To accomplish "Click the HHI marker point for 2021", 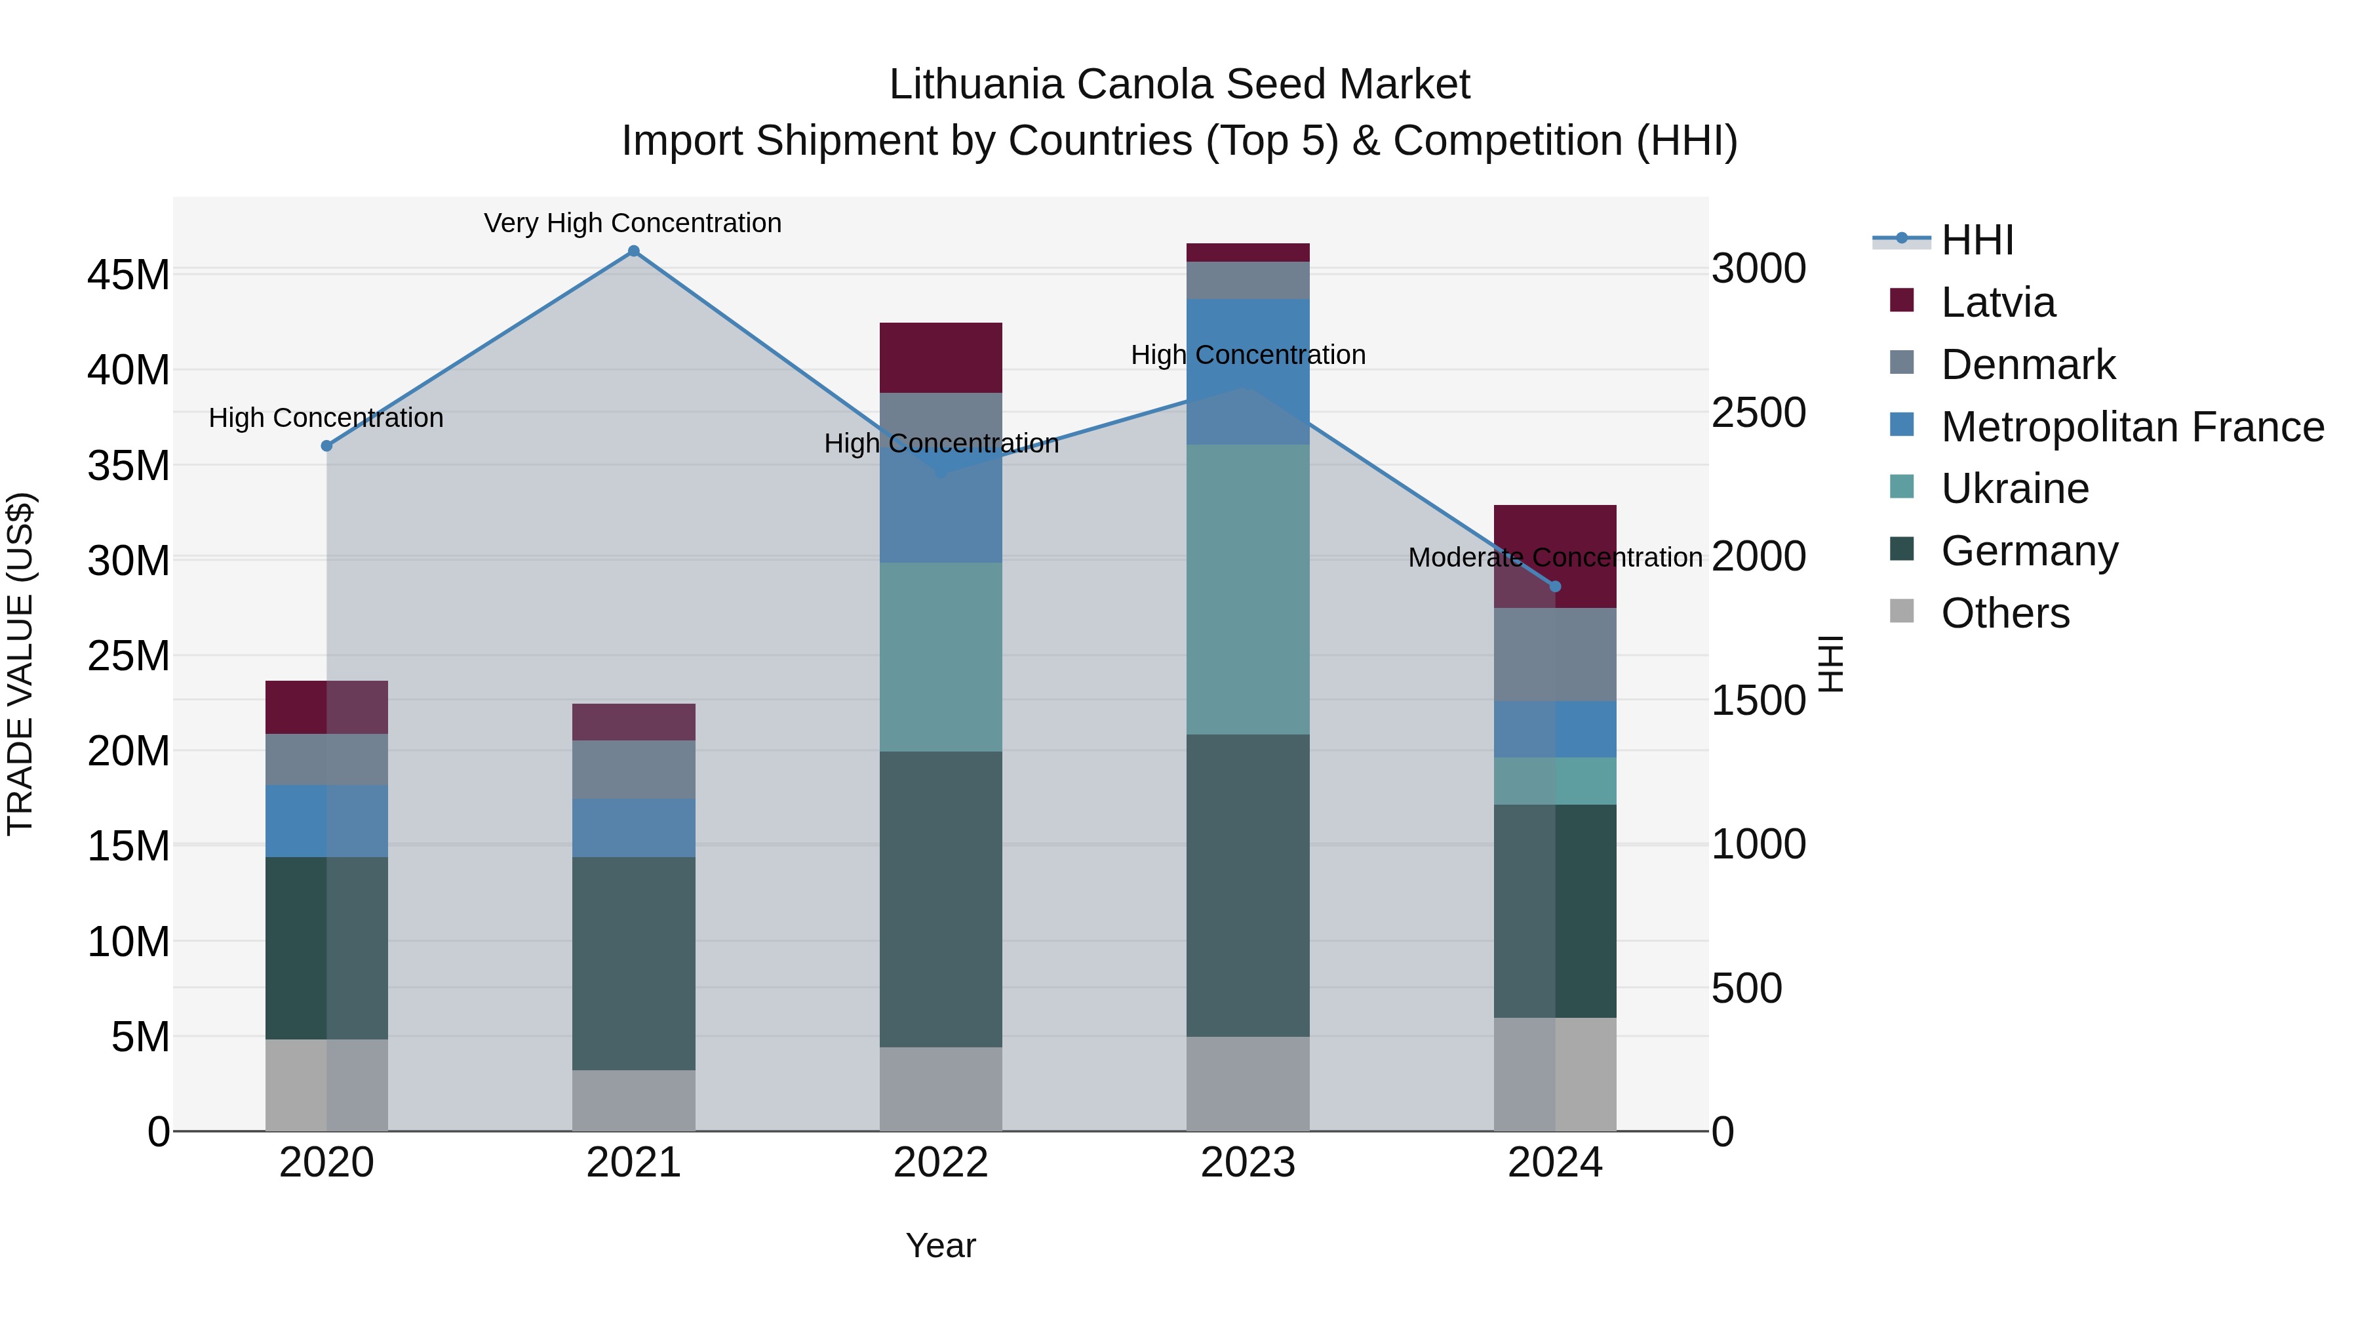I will pyautogui.click(x=633, y=251).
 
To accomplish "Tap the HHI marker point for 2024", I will pyautogui.click(x=1555, y=586).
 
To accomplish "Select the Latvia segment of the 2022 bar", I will pyautogui.click(x=941, y=357).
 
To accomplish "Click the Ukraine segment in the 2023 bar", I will pyautogui.click(x=1248, y=590).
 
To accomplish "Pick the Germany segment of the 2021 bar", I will pyautogui.click(x=633, y=963).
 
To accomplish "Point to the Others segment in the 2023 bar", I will pyautogui.click(x=1248, y=1083).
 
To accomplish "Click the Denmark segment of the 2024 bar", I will pyautogui.click(x=1555, y=654).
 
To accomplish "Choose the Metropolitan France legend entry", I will pyautogui.click(x=2131, y=427).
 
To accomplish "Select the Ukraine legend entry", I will pyautogui.click(x=2014, y=489).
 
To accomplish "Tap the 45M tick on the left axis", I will pyautogui.click(x=128, y=275).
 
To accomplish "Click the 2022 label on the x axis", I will pyautogui.click(x=941, y=1163).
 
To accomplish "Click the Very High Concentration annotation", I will pyautogui.click(x=633, y=223).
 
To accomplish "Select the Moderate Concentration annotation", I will pyautogui.click(x=1555, y=557).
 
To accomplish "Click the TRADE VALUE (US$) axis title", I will pyautogui.click(x=20, y=664).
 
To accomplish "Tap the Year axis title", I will pyautogui.click(x=941, y=1245).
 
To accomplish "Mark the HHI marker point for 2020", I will pyautogui.click(x=327, y=445).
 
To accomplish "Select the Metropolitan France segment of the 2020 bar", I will pyautogui.click(x=326, y=821).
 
